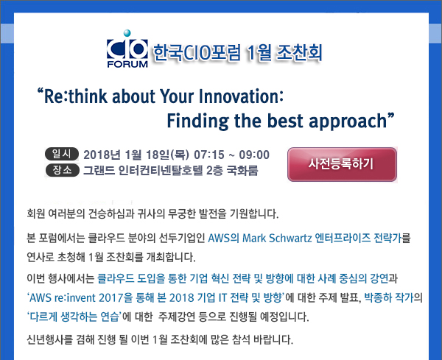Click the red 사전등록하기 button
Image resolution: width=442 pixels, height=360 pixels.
click(x=343, y=164)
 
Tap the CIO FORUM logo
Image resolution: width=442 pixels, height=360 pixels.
click(x=127, y=49)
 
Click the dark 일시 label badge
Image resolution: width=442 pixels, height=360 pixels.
click(x=62, y=154)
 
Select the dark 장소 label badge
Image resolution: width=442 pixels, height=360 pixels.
click(x=62, y=170)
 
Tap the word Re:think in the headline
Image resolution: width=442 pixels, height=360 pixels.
click(x=76, y=96)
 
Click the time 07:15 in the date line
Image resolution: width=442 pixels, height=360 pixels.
click(x=209, y=155)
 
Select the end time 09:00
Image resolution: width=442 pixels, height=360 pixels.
click(x=254, y=155)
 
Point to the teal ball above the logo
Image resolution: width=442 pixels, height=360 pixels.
click(x=127, y=33)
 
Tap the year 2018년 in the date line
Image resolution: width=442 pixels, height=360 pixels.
click(x=102, y=155)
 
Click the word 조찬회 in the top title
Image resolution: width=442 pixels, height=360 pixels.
click(x=299, y=53)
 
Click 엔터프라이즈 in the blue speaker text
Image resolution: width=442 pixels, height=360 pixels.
click(x=343, y=239)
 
